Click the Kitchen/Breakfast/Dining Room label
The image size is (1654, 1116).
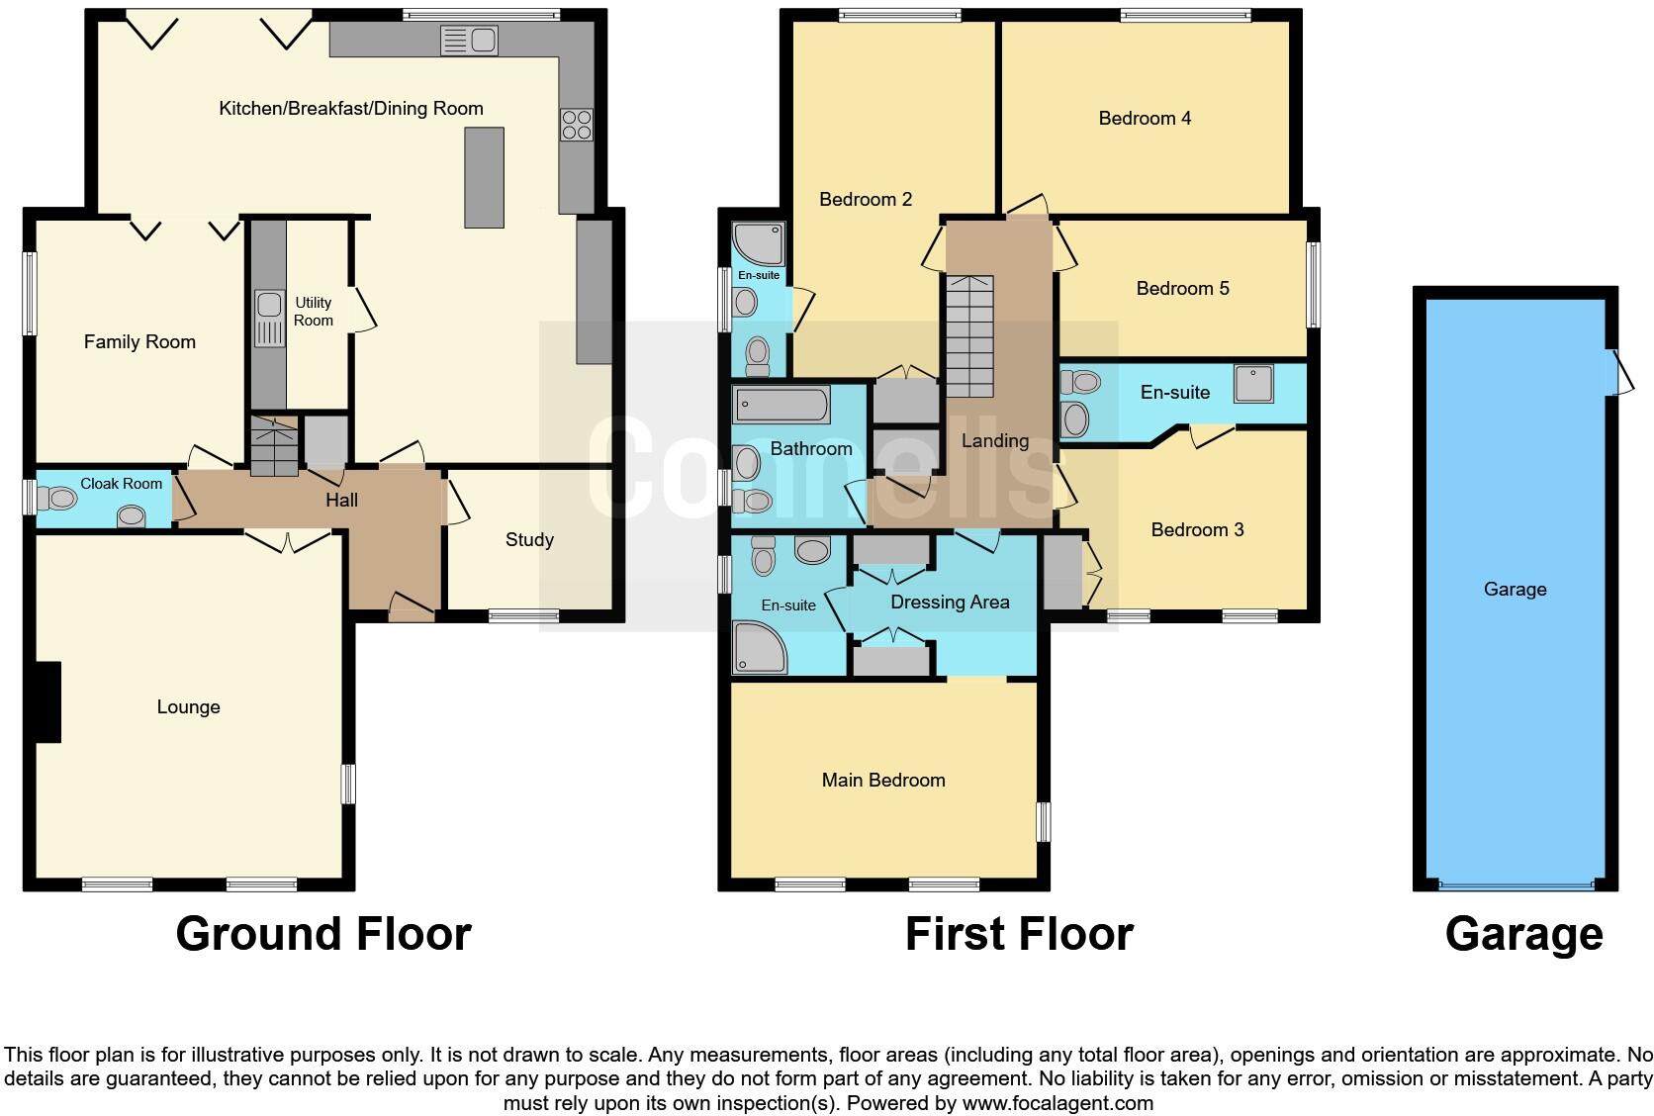[350, 109]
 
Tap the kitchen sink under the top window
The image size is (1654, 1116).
[469, 41]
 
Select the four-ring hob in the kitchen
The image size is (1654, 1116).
[577, 125]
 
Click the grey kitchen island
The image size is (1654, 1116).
[484, 178]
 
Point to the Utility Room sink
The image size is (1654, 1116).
[268, 319]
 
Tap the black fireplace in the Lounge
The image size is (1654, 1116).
[47, 702]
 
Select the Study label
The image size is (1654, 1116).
[529, 540]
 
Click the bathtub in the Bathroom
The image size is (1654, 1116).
[781, 406]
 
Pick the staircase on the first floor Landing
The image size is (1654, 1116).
[969, 336]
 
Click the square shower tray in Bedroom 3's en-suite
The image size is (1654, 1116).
[1253, 384]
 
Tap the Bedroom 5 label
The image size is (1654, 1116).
[1182, 289]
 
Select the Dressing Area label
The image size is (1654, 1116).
[950, 603]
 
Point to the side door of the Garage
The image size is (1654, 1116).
[1616, 373]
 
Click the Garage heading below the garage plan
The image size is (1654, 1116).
[1523, 934]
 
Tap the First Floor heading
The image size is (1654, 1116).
[1018, 934]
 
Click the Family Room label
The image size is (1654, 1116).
[139, 342]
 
